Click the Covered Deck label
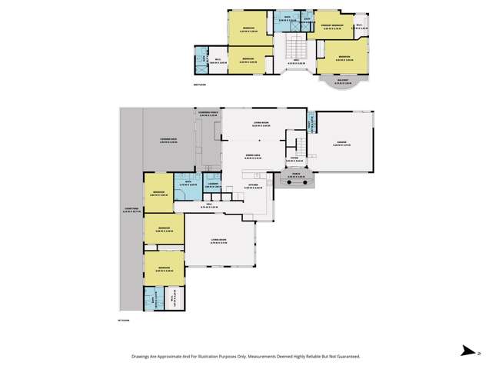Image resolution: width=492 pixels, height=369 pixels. (x=168, y=139)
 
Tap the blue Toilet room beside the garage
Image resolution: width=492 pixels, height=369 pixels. (x=311, y=123)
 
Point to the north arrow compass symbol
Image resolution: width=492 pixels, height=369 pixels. (x=467, y=352)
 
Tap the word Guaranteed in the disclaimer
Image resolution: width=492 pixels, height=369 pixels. (x=344, y=357)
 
